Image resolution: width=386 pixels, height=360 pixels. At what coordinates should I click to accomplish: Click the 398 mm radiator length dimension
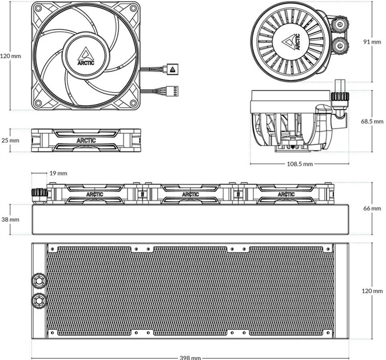pyautogui.click(x=190, y=358)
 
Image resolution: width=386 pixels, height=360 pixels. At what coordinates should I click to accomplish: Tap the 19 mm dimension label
pyautogui.click(x=58, y=173)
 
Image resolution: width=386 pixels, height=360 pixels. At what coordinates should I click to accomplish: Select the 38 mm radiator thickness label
pyautogui.click(x=10, y=219)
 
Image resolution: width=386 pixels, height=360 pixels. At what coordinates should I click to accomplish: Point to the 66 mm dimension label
pyautogui.click(x=372, y=209)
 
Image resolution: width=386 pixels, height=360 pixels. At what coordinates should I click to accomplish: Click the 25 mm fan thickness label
pyautogui.click(x=10, y=141)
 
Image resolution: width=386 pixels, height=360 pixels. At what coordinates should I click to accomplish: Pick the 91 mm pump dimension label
pyautogui.click(x=372, y=42)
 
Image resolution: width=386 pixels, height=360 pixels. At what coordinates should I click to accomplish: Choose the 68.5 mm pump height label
pyautogui.click(x=372, y=121)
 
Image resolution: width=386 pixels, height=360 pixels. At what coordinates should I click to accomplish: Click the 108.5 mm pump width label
pyautogui.click(x=300, y=164)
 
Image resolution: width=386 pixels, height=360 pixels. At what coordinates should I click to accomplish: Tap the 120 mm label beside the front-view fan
pyautogui.click(x=11, y=56)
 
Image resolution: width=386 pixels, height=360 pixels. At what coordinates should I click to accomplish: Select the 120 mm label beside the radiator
pyautogui.click(x=372, y=291)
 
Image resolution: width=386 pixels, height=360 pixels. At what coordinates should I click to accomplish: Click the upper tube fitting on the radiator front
pyautogui.click(x=39, y=280)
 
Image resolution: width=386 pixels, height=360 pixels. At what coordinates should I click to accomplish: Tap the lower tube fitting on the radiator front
pyautogui.click(x=39, y=300)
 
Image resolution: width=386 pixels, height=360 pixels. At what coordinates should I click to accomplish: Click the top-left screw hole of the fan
pyautogui.click(x=38, y=8)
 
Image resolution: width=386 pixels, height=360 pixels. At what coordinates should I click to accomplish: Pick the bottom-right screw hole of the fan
pyautogui.click(x=133, y=103)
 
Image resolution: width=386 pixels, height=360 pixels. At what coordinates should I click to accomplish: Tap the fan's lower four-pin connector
pyautogui.click(x=172, y=91)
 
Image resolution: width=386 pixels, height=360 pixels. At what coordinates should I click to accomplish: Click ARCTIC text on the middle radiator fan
pyautogui.click(x=190, y=194)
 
